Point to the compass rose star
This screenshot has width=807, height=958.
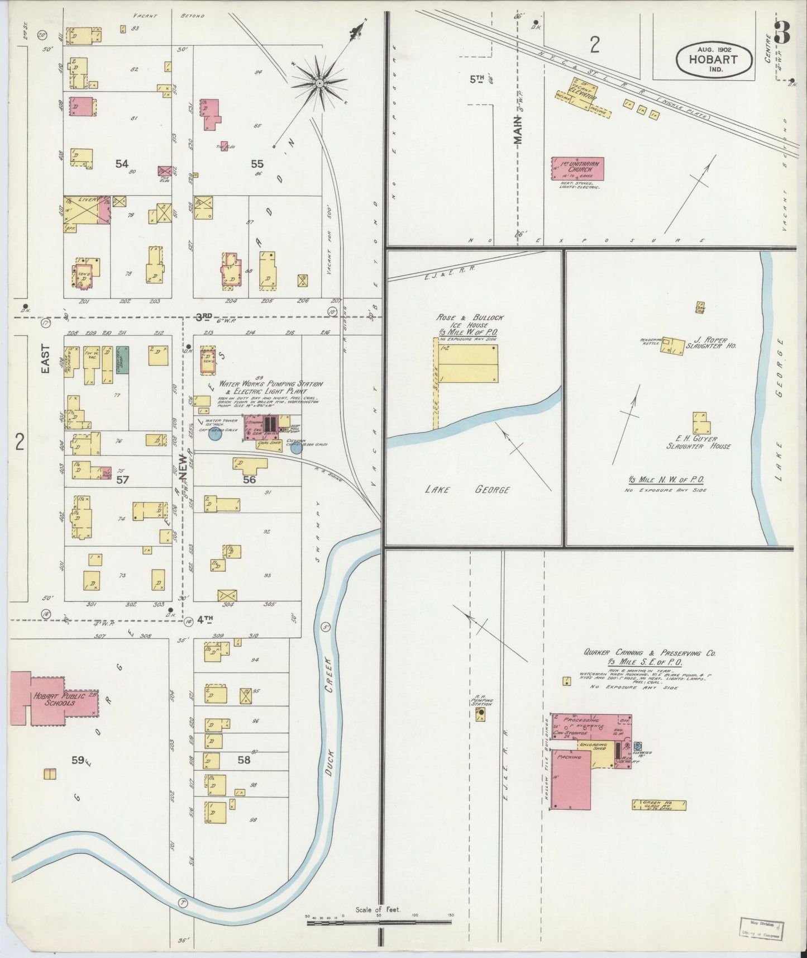coord(319,84)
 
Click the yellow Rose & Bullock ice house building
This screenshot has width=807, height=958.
coord(467,363)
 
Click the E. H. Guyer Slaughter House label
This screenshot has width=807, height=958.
coord(698,442)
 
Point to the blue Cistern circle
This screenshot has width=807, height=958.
coord(296,447)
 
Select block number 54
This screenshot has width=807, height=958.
coord(122,164)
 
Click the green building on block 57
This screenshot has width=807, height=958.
coord(122,359)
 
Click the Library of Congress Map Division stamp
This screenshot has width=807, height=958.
coord(762,928)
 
